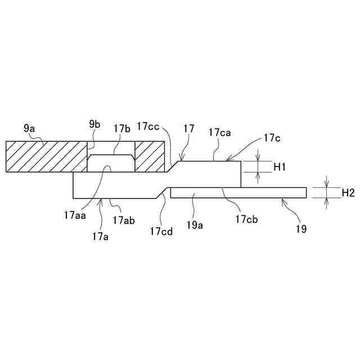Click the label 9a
point(29,128)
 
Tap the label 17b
point(121,128)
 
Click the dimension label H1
point(280,166)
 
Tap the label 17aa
point(75,214)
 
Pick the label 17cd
point(161,231)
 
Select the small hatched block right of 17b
point(149,156)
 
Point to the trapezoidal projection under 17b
point(111,163)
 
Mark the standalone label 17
point(188,129)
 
